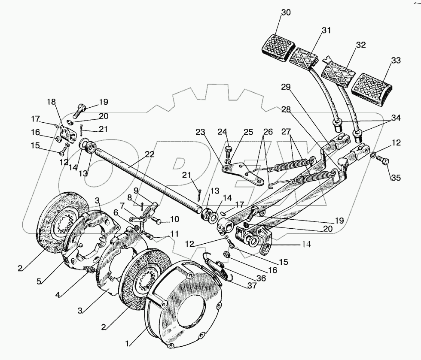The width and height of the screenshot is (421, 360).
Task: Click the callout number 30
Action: (x=286, y=12)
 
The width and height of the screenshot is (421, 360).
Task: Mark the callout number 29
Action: (x=287, y=87)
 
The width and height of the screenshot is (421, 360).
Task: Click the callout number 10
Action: (x=174, y=219)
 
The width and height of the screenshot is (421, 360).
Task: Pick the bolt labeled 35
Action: (x=382, y=162)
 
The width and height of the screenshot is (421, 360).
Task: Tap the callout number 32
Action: (x=360, y=45)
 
